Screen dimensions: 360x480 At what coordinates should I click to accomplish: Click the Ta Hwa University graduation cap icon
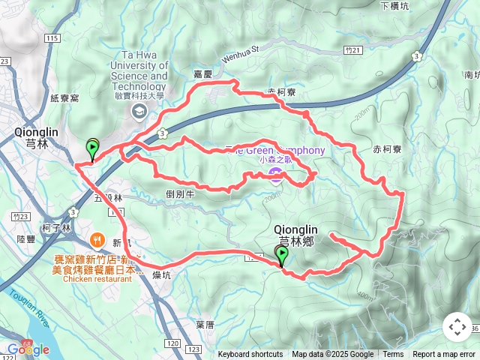139,112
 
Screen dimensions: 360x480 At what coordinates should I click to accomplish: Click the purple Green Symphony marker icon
275,175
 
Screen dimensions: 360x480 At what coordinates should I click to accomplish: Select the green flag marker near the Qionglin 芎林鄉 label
281,256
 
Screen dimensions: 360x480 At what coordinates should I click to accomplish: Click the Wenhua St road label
240,53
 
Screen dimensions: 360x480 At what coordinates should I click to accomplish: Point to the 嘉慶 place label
203,74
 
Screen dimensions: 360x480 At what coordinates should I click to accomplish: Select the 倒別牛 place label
181,193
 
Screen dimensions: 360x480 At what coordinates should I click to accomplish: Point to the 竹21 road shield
355,49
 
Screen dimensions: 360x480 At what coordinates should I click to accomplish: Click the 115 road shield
52,38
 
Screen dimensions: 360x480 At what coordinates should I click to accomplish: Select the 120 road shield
173,343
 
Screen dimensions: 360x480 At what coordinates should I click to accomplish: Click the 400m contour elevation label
365,295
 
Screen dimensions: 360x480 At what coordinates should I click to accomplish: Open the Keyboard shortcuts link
250,355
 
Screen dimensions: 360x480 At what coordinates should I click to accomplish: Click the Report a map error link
444,355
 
